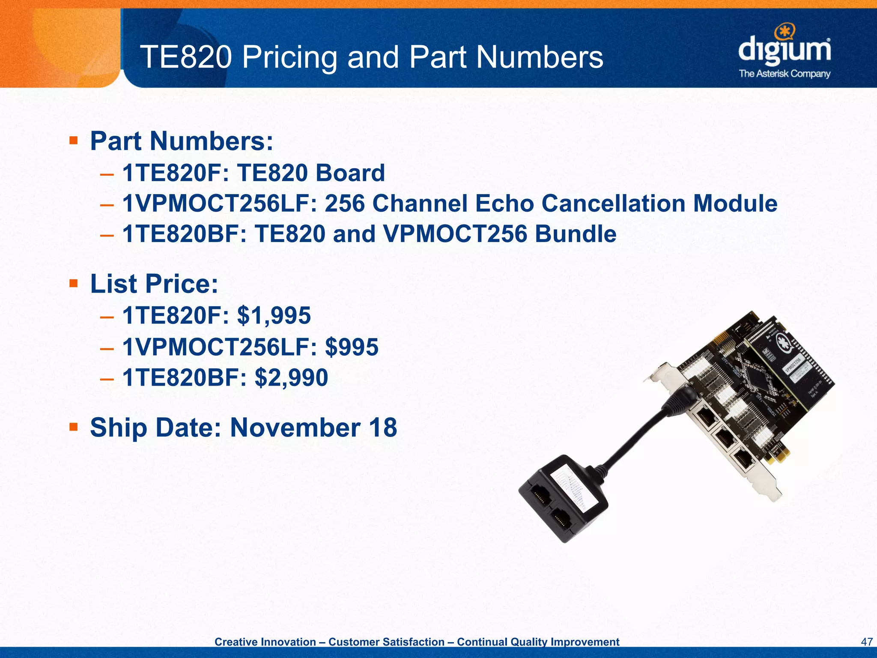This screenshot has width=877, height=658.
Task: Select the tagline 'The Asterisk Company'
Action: coord(785,74)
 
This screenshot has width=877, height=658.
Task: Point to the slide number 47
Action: coord(866,642)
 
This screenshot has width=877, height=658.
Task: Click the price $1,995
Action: coord(274,316)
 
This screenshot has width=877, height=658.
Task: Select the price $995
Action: coord(352,347)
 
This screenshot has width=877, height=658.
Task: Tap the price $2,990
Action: coord(291,377)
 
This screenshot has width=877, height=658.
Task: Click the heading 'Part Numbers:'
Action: coord(182,141)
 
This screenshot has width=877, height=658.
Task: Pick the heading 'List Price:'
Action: coord(154,284)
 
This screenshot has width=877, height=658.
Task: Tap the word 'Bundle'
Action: coord(576,234)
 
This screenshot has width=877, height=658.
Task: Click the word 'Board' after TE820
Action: coord(350,173)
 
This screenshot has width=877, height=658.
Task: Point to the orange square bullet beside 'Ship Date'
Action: coord(74,427)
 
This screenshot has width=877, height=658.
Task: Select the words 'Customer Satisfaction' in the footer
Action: coord(386,642)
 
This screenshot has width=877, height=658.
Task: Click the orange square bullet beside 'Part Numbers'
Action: coord(74,140)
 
